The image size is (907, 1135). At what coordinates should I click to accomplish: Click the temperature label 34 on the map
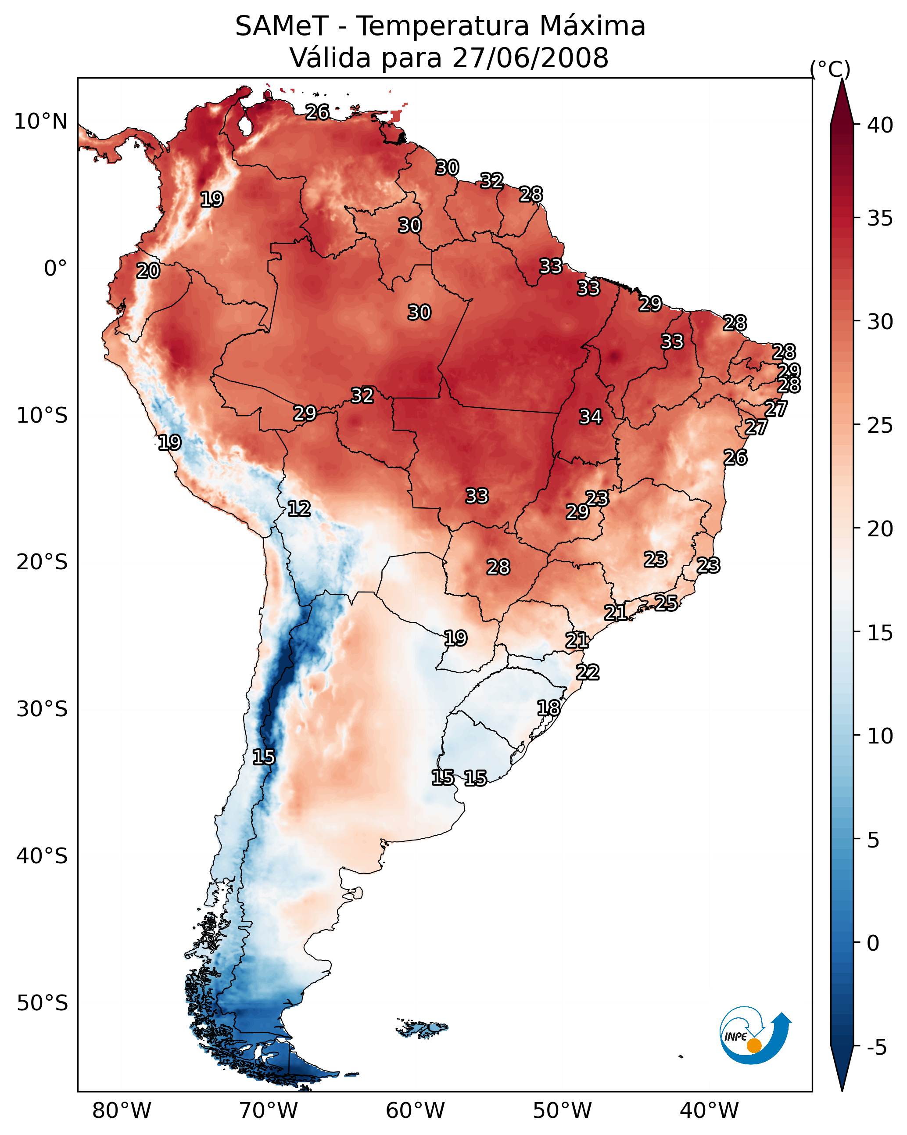591,417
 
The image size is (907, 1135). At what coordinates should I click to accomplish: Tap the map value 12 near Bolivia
299,509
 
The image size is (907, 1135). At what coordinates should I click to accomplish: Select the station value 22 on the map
588,672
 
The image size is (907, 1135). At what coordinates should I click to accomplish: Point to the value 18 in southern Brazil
549,708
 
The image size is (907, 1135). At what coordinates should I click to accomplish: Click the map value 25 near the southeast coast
666,602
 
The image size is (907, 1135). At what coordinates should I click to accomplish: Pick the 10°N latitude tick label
40,122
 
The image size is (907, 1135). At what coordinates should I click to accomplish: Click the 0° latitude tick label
55,269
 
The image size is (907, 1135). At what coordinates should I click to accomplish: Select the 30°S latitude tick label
42,709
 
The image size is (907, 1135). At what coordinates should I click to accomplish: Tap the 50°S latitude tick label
42,1003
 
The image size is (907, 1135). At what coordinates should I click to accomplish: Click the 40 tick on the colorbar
880,125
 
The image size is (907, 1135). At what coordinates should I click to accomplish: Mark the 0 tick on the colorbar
873,943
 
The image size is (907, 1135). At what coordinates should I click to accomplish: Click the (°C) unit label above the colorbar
830,69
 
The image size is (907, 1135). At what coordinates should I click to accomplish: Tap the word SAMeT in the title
282,26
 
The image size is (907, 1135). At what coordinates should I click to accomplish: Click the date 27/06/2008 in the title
530,58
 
